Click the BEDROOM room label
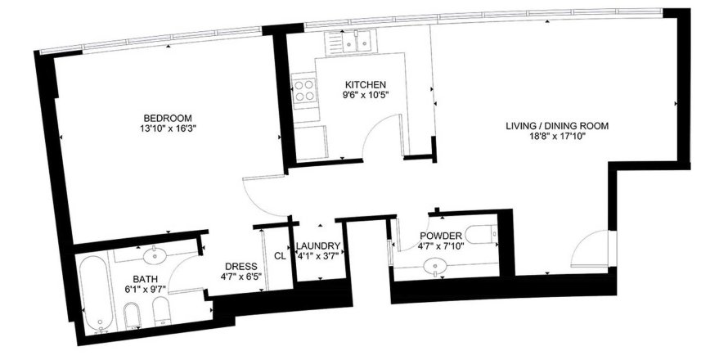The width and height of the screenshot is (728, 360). click(x=168, y=118)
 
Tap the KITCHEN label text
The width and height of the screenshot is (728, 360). click(x=366, y=85)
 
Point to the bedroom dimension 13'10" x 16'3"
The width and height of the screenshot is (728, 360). click(x=168, y=128)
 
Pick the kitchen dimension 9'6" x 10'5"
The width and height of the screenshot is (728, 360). click(x=366, y=96)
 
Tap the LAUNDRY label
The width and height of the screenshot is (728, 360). click(x=318, y=245)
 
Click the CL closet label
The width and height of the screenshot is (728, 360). click(x=280, y=256)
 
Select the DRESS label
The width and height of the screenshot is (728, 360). click(x=241, y=267)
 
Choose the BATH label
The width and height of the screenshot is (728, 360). click(x=146, y=279)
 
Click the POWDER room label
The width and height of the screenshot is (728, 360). click(x=441, y=236)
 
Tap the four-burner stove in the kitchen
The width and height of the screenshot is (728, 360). click(x=304, y=91)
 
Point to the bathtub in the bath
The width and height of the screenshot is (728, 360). click(x=96, y=294)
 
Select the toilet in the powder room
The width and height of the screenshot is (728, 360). click(x=481, y=235)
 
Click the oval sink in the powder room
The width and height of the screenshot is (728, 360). click(x=435, y=266)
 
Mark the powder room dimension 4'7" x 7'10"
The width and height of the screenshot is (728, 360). click(x=441, y=246)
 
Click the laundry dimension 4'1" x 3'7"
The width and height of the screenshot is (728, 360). click(x=320, y=256)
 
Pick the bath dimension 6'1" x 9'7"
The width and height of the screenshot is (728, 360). click(x=146, y=290)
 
